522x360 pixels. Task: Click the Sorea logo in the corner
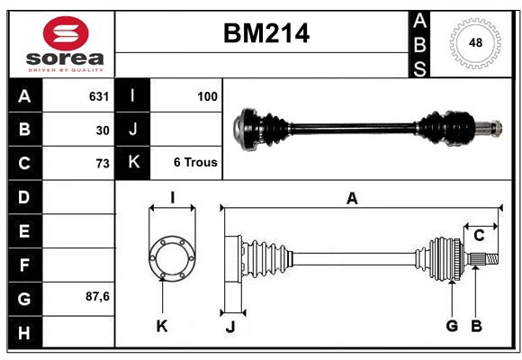(66, 45)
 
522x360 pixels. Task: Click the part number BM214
(265, 33)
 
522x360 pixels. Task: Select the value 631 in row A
(98, 96)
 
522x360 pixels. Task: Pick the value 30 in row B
(103, 130)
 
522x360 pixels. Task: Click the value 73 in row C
(102, 163)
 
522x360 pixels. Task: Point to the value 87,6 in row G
(97, 296)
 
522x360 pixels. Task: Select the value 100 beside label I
(207, 96)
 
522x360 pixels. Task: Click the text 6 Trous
(195, 163)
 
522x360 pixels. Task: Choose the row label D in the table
(24, 196)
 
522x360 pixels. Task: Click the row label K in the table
(133, 163)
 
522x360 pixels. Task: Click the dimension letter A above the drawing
(352, 199)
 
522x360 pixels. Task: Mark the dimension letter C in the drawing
(480, 236)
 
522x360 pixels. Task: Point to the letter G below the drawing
(452, 326)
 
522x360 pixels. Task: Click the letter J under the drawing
(229, 327)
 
